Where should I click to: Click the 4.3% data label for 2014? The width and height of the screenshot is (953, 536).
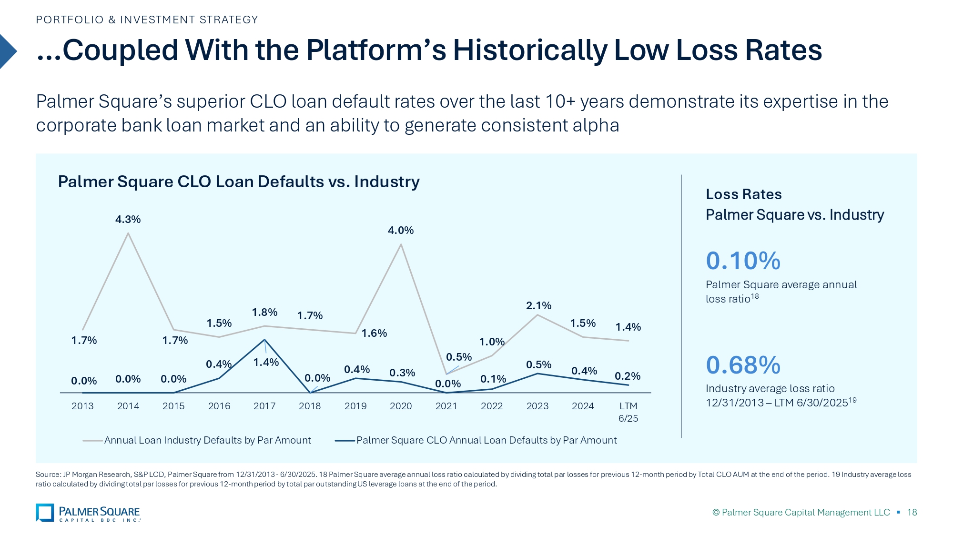(x=128, y=219)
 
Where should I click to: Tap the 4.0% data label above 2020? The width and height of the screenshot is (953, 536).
(x=400, y=231)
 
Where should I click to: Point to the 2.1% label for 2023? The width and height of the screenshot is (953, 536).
(x=538, y=305)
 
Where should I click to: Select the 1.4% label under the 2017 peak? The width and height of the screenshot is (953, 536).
(x=266, y=363)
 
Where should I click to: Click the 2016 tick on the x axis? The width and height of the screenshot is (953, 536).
(x=219, y=406)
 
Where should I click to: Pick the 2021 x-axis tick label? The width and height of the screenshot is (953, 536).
(x=446, y=406)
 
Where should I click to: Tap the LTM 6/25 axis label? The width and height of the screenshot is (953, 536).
(x=628, y=412)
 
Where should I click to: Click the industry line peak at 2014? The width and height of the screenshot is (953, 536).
(x=128, y=233)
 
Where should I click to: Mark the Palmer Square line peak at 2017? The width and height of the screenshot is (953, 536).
(x=264, y=340)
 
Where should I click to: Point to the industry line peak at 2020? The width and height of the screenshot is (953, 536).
(x=401, y=244)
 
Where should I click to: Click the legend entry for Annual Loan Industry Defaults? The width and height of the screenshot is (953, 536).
(x=207, y=440)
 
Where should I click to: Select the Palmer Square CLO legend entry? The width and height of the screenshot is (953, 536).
(x=486, y=440)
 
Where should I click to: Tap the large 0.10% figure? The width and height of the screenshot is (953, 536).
(x=743, y=261)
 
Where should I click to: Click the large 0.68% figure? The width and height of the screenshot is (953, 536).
(x=743, y=365)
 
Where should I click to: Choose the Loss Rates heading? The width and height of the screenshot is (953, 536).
(x=743, y=194)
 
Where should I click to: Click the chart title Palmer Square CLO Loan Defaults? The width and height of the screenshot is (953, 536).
(x=239, y=182)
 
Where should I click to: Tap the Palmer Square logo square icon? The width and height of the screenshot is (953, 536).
(x=45, y=513)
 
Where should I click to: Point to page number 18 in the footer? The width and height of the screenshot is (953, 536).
(x=912, y=512)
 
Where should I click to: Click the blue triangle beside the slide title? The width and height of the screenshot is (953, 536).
(x=7, y=51)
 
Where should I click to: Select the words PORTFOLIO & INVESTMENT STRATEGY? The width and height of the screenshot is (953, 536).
(x=147, y=20)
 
